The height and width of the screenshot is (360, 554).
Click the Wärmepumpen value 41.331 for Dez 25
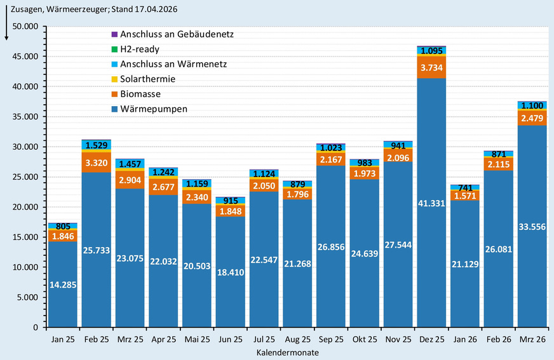(431, 203)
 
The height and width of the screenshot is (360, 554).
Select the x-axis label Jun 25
(229, 340)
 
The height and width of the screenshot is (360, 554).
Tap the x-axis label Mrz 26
(532, 340)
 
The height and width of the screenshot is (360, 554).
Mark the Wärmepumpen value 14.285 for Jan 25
(63, 284)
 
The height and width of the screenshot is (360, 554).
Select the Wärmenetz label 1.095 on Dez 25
(431, 51)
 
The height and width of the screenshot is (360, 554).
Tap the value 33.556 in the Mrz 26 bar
(532, 227)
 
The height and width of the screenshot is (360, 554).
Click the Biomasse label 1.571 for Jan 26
(465, 196)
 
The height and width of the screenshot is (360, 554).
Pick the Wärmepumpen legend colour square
(114, 109)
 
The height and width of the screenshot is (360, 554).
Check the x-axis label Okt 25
(364, 340)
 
